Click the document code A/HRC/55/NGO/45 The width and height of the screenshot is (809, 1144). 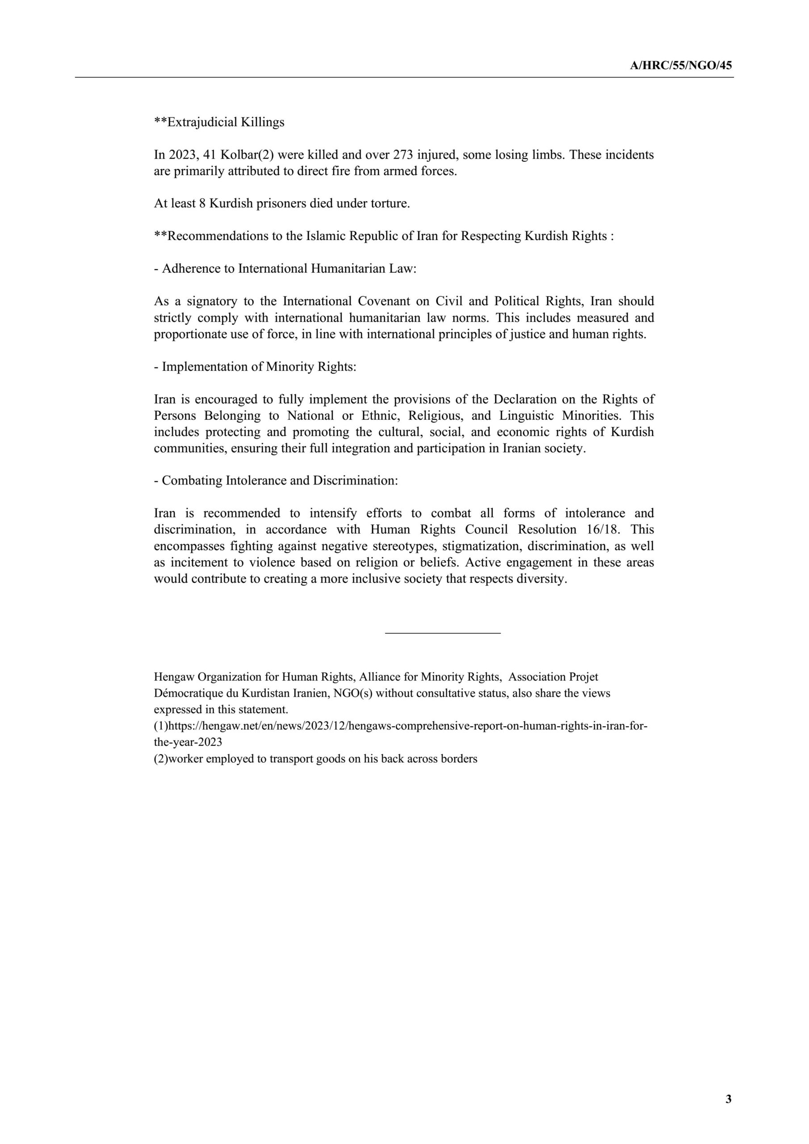click(680, 66)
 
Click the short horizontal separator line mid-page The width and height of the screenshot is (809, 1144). click(442, 633)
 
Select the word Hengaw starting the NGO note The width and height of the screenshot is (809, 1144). click(174, 677)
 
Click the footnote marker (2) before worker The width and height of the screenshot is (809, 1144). click(161, 759)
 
